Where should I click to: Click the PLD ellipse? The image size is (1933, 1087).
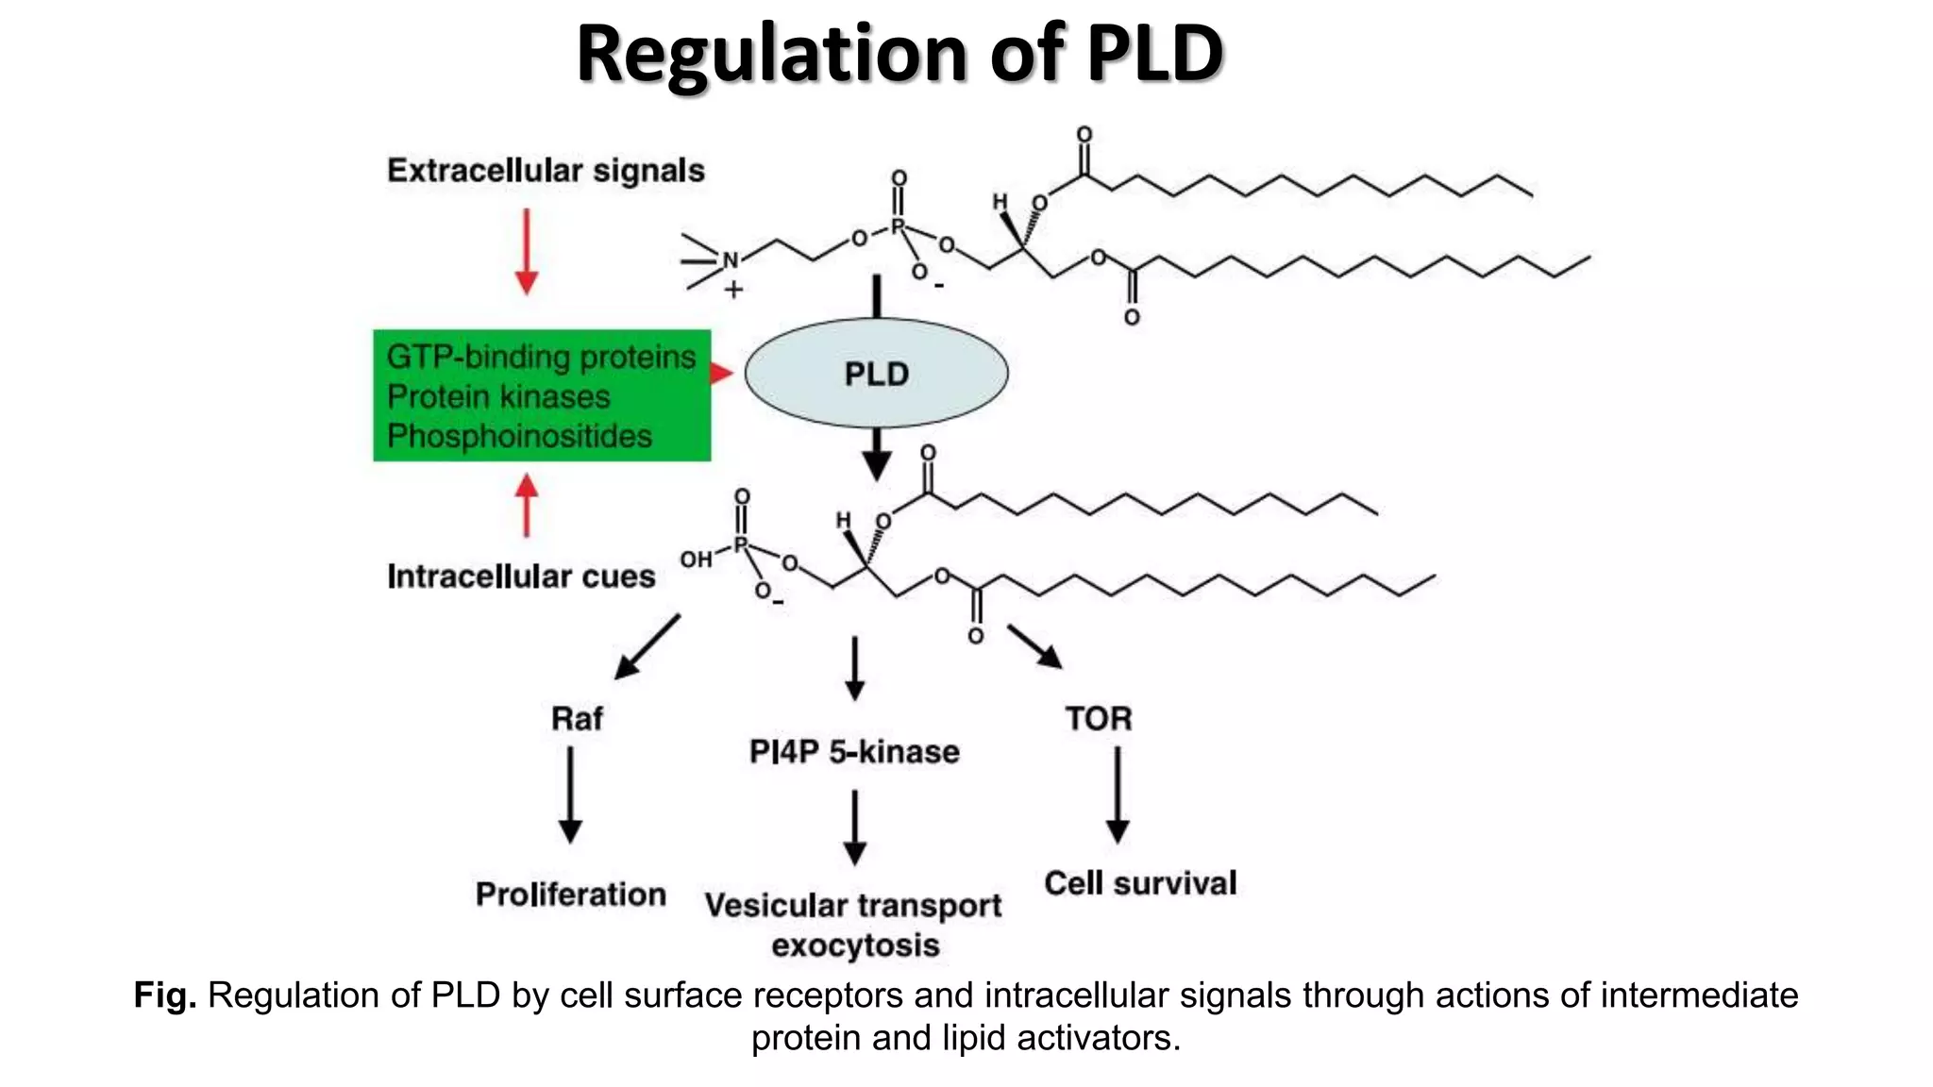[876, 374]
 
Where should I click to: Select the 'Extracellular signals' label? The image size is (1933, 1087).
[546, 171]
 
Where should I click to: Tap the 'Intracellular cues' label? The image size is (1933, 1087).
[521, 577]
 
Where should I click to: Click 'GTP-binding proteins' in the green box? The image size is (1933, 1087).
[541, 357]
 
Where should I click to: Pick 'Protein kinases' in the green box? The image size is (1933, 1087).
[498, 396]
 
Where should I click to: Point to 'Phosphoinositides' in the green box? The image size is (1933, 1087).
[519, 436]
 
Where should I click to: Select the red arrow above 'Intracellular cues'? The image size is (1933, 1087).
[527, 506]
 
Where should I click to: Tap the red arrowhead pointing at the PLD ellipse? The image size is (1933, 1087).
[721, 374]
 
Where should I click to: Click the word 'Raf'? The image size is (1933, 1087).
[577, 719]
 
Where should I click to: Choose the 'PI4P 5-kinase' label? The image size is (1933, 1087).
[854, 752]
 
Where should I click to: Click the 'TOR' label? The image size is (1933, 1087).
[1099, 719]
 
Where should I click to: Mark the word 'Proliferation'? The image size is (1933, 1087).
[571, 895]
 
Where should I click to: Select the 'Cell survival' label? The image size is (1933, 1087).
[1140, 883]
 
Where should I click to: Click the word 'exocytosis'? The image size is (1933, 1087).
[855, 945]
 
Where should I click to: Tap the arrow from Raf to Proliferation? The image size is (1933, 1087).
[570, 794]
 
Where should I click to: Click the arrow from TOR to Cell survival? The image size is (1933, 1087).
[1118, 794]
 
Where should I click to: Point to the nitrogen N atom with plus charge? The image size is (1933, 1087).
[731, 260]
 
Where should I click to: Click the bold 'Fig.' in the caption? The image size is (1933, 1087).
[165, 995]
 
